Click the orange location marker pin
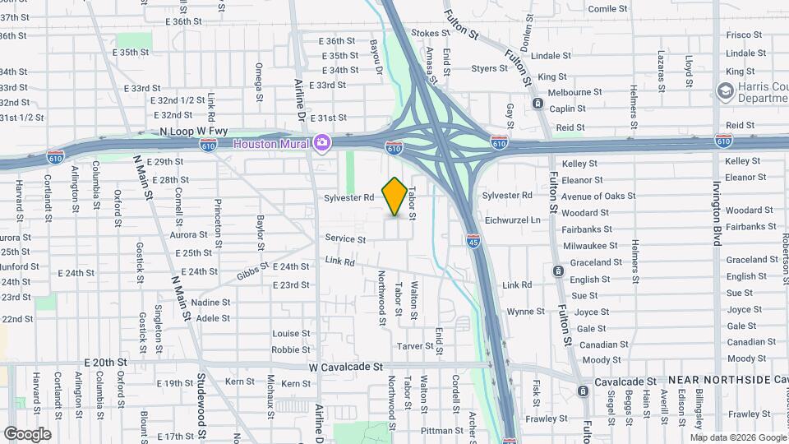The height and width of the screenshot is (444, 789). [x=394, y=196]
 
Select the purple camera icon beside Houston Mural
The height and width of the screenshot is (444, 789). [x=322, y=144]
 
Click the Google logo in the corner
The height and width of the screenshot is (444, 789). [x=27, y=434]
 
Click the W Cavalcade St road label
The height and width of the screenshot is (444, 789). [x=346, y=368]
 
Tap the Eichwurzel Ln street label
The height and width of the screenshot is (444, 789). [x=512, y=220]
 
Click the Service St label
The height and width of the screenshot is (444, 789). [x=345, y=239]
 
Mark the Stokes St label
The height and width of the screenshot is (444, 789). [x=426, y=34]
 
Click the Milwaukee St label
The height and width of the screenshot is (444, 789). [x=591, y=245]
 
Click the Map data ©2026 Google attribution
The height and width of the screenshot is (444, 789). [x=737, y=437]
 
